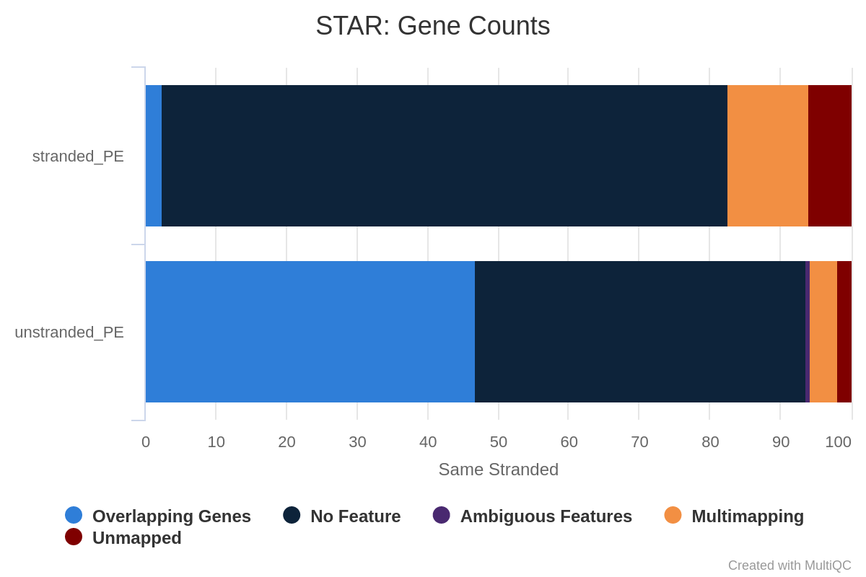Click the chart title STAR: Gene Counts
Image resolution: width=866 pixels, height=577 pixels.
[432, 26]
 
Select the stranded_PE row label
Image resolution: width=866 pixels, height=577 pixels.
[78, 157]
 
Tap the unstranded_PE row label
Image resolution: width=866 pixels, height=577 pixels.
[69, 332]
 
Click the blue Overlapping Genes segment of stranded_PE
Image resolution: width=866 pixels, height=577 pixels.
[154, 156]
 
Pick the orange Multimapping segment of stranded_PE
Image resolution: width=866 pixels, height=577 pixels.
[768, 156]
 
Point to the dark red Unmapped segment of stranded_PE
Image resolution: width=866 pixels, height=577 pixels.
[830, 156]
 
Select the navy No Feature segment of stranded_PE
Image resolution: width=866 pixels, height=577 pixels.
[445, 156]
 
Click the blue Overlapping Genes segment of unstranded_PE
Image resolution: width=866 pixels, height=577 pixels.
[310, 332]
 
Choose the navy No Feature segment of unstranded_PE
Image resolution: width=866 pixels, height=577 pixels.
[640, 332]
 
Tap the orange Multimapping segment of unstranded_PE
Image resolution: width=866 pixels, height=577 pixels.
[823, 332]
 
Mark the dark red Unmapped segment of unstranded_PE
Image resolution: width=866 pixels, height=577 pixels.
[844, 332]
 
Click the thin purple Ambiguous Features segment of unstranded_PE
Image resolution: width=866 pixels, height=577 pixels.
[808, 332]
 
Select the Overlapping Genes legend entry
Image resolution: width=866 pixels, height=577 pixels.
[158, 516]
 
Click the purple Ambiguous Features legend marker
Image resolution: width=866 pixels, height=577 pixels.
[442, 515]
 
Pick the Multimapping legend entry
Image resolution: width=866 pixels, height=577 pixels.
[734, 516]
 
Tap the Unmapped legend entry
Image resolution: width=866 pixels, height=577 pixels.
[123, 537]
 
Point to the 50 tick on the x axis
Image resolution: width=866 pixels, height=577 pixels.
[499, 442]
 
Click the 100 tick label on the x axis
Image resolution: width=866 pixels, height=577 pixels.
[838, 442]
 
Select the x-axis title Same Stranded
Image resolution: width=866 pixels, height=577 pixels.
[499, 470]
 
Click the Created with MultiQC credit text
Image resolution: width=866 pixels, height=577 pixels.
[790, 565]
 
